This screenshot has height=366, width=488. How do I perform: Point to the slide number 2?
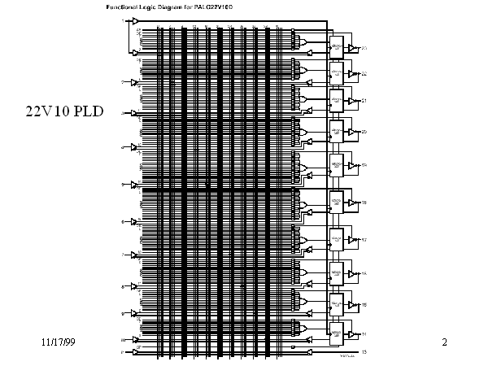[445, 342]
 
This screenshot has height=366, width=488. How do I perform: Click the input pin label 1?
[124, 20]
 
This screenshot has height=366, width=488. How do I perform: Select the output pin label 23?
[364, 49]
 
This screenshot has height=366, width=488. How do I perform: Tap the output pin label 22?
[364, 74]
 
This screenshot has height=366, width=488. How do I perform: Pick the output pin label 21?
[364, 101]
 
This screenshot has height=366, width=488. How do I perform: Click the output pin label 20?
[364, 131]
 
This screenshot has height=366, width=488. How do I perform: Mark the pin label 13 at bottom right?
[364, 352]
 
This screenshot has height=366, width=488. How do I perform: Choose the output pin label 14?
[364, 334]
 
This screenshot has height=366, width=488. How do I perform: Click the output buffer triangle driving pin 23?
[352, 49]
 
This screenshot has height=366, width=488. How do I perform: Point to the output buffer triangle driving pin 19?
[352, 165]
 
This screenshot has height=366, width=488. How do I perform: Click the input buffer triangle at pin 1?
[136, 21]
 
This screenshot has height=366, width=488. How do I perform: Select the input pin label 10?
[124, 340]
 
